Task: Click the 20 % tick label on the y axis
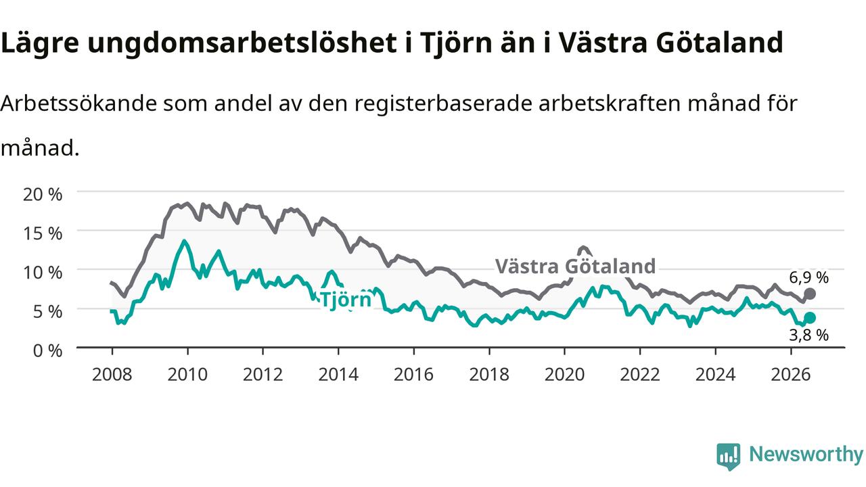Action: [x=43, y=194]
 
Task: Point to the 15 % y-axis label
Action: [x=43, y=233]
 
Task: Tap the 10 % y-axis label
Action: [x=43, y=273]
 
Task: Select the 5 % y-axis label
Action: [x=47, y=312]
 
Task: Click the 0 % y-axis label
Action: [x=47, y=351]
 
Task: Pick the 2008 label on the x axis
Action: [x=112, y=375]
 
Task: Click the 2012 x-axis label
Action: [x=263, y=375]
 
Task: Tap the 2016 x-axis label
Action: [x=413, y=375]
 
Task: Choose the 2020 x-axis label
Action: [x=564, y=375]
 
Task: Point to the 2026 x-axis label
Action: [x=791, y=375]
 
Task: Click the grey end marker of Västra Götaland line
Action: [x=810, y=294]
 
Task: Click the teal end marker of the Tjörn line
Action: [x=810, y=318]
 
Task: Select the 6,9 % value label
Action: [x=808, y=277]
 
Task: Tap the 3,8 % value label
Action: [x=808, y=335]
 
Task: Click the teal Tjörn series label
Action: [x=346, y=300]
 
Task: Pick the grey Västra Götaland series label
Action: [x=575, y=266]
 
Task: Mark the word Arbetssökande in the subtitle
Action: [x=78, y=103]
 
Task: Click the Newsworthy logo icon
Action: [x=729, y=456]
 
